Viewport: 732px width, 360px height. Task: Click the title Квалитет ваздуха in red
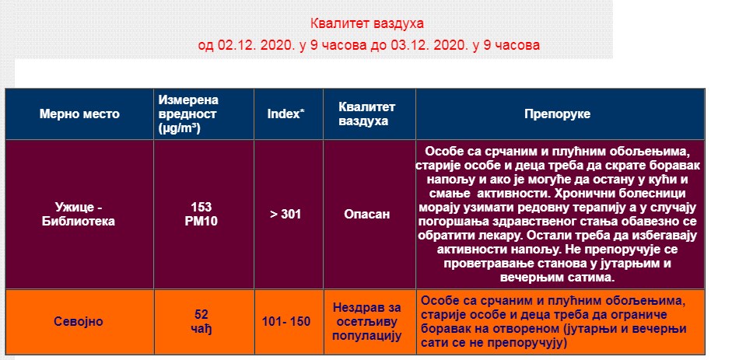tap(367, 23)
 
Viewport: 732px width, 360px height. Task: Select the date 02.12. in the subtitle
tap(236, 45)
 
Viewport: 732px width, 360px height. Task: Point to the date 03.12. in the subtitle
tap(414, 45)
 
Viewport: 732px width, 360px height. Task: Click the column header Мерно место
tap(79, 114)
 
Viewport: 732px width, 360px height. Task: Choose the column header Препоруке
tap(558, 114)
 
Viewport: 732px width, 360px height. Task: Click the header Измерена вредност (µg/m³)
tap(188, 114)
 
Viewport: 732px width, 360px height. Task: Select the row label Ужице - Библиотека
tap(79, 214)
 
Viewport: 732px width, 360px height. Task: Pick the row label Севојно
tap(79, 322)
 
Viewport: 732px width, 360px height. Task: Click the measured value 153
tap(201, 207)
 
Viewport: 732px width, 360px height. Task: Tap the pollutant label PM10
tap(201, 221)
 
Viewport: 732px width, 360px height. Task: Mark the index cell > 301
tap(285, 214)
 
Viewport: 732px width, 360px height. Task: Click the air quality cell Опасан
tap(367, 214)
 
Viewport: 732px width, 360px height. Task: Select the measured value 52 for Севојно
tap(201, 314)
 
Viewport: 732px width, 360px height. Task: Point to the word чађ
tap(201, 328)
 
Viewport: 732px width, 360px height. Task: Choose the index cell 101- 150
tap(286, 322)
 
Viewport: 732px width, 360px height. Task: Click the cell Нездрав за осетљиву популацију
tap(367, 322)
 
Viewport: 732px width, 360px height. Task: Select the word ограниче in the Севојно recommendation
tap(641, 314)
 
